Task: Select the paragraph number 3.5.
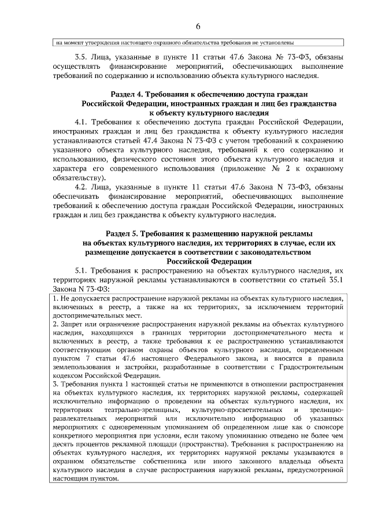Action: click(82, 57)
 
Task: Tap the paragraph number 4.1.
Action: click(82, 122)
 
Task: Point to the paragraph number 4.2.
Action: click(82, 187)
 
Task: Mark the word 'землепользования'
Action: click(81, 368)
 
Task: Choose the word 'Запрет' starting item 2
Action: click(69, 325)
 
